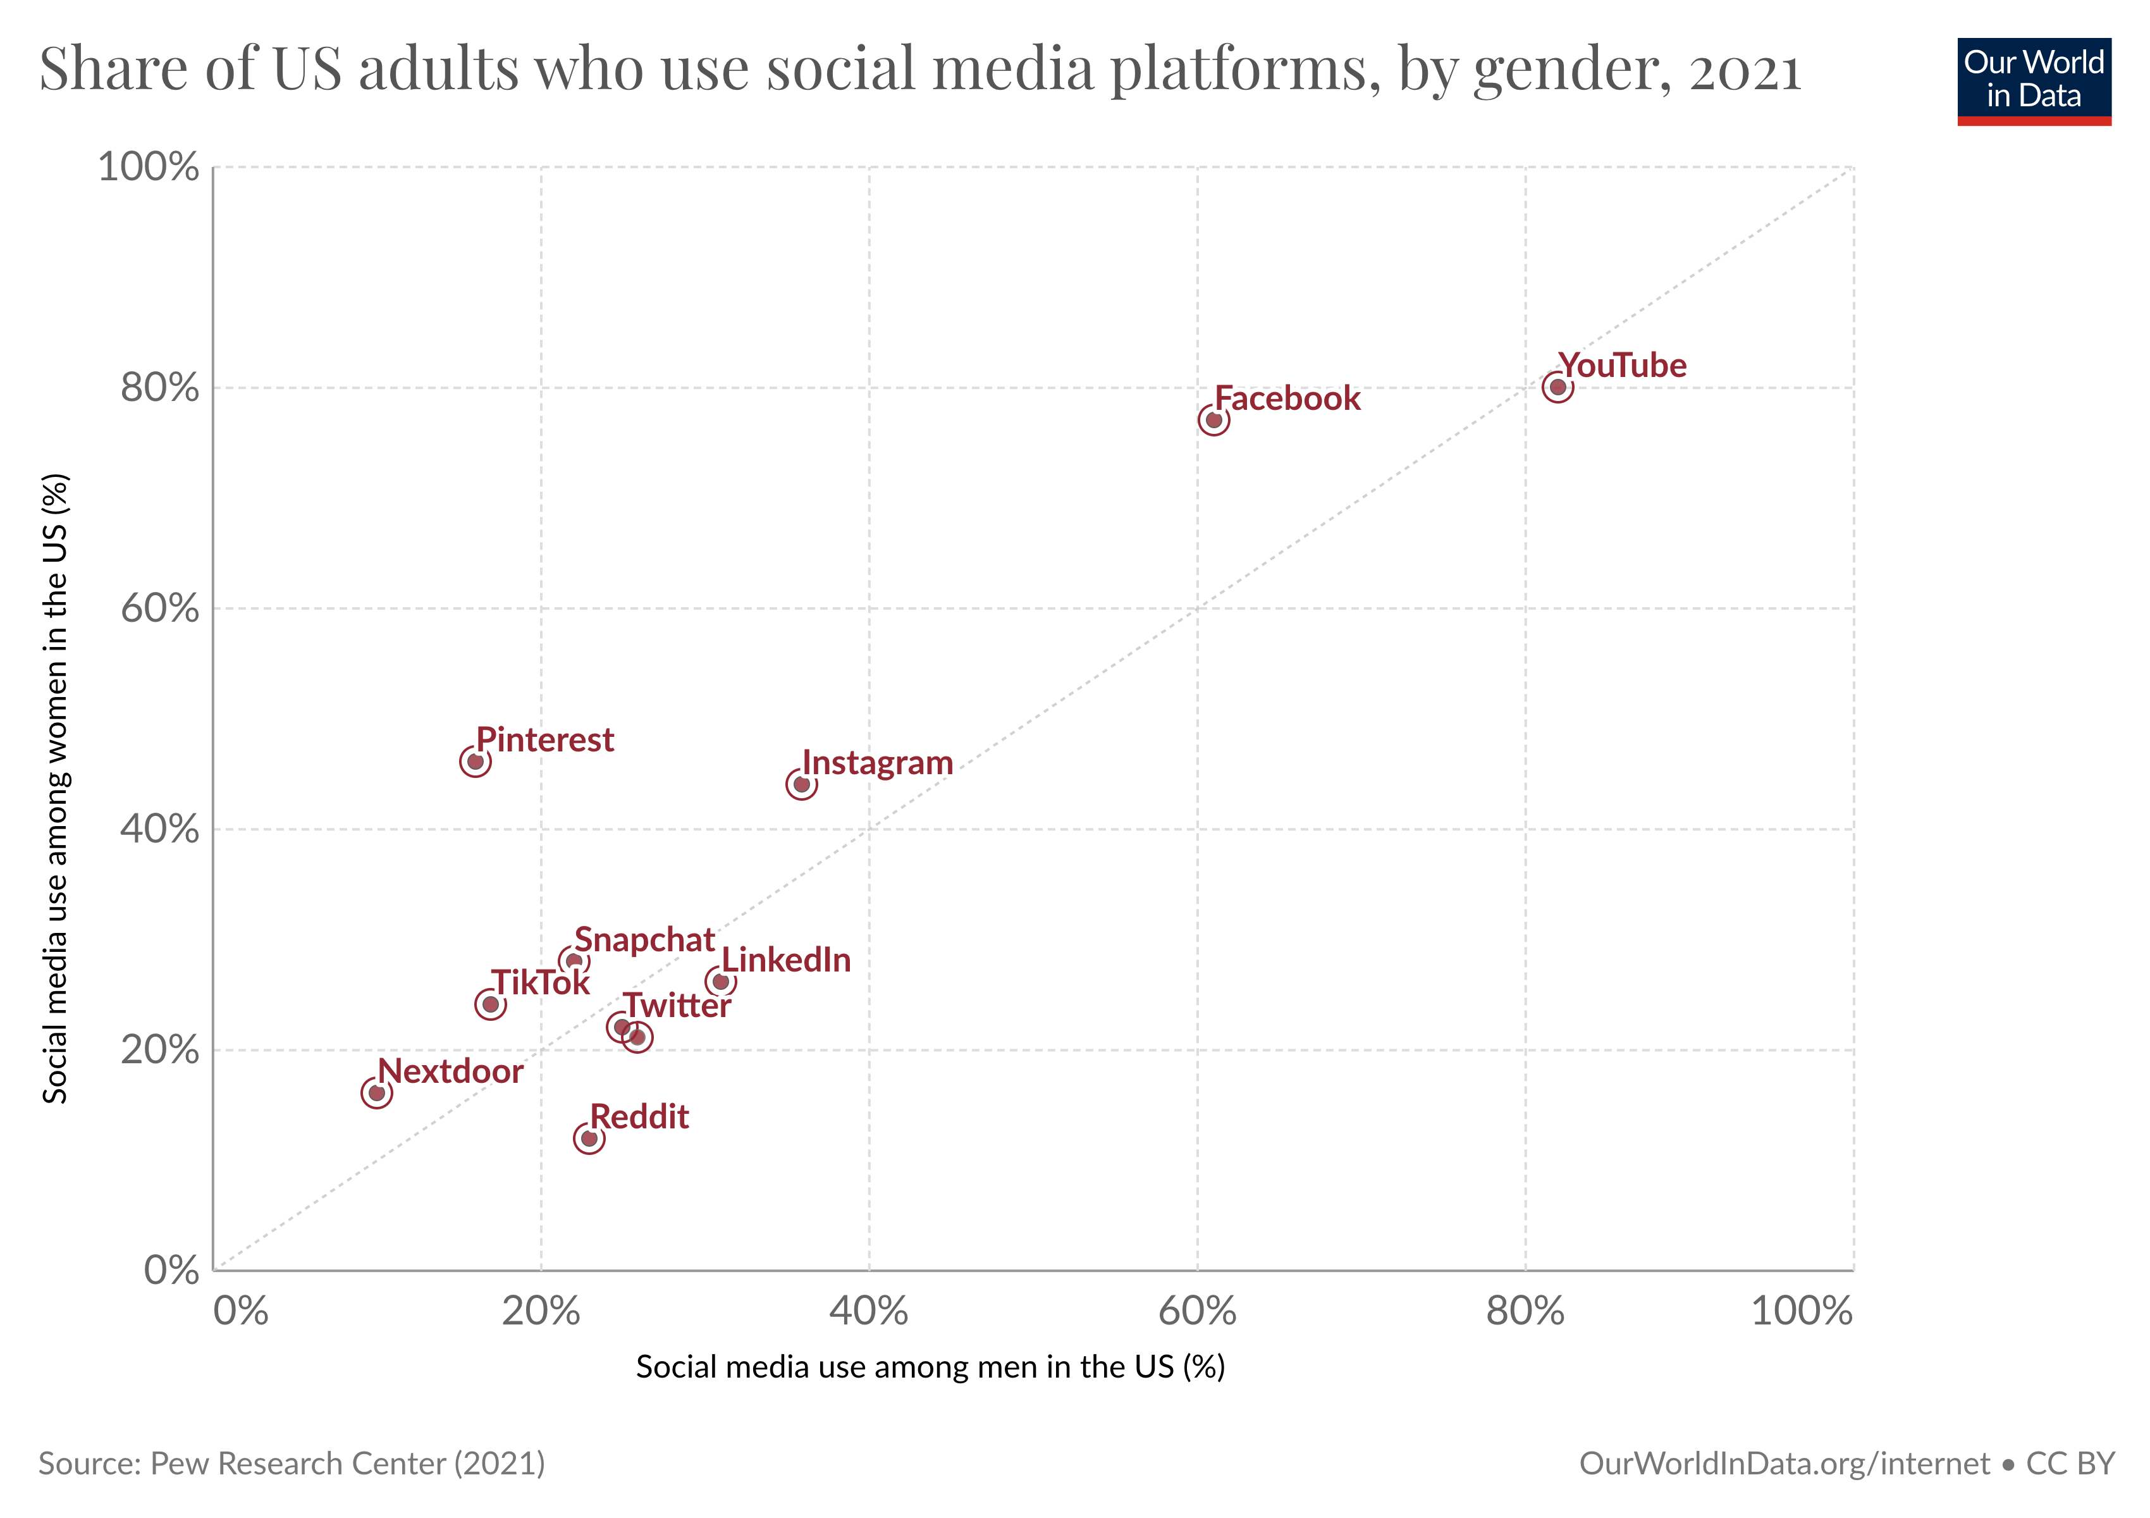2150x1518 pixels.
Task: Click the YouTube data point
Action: coord(1557,386)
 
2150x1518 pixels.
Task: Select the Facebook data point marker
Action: coord(1213,419)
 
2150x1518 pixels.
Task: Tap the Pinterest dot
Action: coord(475,762)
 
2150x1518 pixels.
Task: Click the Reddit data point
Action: coord(589,1138)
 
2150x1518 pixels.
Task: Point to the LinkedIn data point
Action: coord(720,982)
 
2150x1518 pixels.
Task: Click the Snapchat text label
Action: coord(644,939)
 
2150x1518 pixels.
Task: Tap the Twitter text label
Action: coord(677,1006)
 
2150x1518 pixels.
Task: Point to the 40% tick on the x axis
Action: coord(868,1311)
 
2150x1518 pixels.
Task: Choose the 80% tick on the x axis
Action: coord(1525,1311)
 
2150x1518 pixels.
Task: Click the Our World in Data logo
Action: coord(2033,80)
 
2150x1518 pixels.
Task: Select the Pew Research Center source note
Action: coord(292,1464)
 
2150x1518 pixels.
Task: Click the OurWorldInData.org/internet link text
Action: coord(1784,1464)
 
